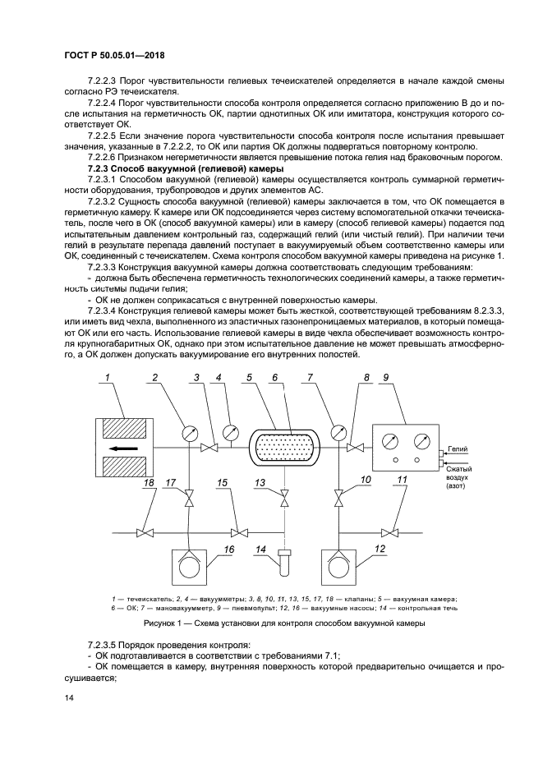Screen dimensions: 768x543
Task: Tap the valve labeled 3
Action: tap(212, 448)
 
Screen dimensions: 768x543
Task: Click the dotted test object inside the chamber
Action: tap(283, 448)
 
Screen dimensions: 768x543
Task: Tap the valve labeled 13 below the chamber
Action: tap(283, 498)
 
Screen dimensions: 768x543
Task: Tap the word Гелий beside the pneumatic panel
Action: tap(458, 451)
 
